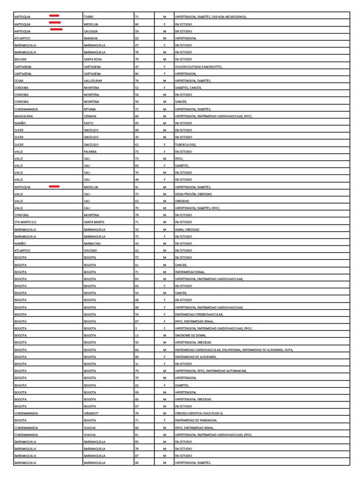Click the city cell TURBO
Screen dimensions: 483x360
pyautogui.click(x=89, y=17)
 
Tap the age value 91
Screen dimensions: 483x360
pyautogui.click(x=137, y=187)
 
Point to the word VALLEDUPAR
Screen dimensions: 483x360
pyautogui.click(x=93, y=80)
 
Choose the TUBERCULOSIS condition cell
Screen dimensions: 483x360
pyautogui.click(x=186, y=145)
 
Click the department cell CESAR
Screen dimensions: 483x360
pyautogui.click(x=19, y=80)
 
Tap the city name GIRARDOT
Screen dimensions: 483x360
pyautogui.click(x=91, y=413)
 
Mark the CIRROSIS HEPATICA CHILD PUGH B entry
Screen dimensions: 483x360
pyautogui.click(x=199, y=413)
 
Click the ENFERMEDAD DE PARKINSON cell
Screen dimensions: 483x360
pyautogui.click(x=195, y=420)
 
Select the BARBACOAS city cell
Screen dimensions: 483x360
pyautogui.click(x=92, y=243)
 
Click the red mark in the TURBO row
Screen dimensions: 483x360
pyautogui.click(x=54, y=16)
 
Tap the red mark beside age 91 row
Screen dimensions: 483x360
pyautogui.click(x=54, y=187)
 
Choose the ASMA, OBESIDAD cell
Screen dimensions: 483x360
pyautogui.click(x=187, y=230)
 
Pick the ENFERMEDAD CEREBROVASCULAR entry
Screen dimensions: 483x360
pyautogui.click(x=199, y=314)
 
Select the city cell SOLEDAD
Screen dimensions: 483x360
pyautogui.click(x=90, y=250)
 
